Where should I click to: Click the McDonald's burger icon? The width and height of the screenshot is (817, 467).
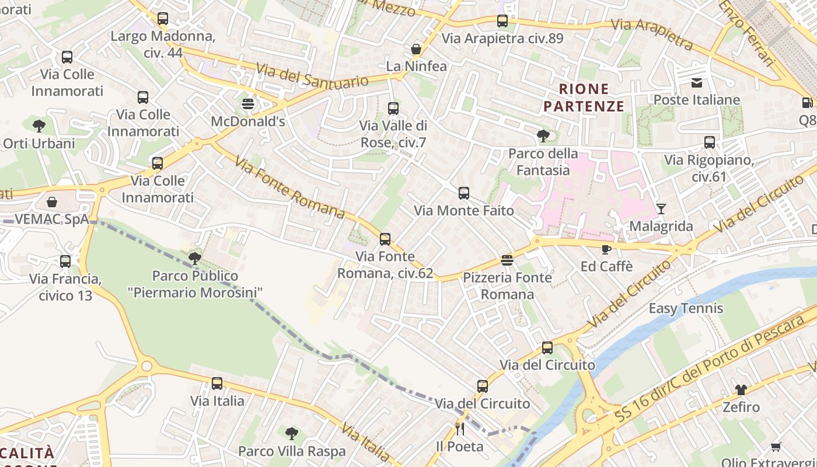248,104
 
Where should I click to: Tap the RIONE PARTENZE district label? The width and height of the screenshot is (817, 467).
584,97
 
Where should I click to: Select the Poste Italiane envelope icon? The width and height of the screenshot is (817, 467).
697,83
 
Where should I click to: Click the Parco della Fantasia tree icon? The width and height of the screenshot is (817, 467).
543,137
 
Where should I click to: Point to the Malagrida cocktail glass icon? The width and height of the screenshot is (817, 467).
661,208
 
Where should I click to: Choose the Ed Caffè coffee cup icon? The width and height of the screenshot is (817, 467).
606,249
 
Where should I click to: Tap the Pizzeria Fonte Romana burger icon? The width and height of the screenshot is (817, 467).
507,260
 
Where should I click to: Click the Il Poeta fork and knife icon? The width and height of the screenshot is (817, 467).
460,429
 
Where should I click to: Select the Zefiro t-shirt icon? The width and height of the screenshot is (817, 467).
741,389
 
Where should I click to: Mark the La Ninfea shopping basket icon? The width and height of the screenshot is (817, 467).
416,49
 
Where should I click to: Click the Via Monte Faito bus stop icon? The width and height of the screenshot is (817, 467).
464,193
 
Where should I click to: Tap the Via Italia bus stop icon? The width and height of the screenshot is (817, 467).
217,384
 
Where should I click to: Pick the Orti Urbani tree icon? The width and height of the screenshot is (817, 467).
39,126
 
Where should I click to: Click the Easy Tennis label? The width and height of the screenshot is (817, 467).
686,308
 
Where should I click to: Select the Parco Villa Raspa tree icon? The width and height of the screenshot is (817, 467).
292,434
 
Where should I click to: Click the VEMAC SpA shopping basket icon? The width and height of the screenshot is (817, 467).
52,202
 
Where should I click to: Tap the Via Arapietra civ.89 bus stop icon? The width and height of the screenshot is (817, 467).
502,21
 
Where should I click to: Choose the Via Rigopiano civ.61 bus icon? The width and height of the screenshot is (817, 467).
710,142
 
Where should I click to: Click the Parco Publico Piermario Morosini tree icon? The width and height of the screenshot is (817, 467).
195,258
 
